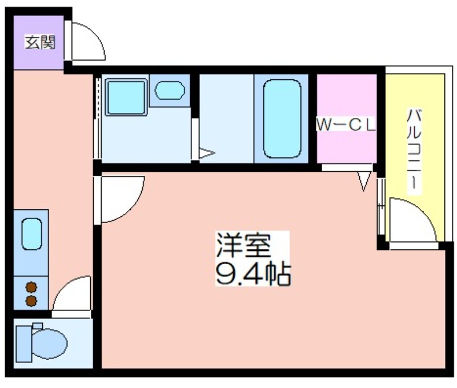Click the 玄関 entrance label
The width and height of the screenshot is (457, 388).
(x=40, y=42)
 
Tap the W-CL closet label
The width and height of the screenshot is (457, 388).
(x=346, y=125)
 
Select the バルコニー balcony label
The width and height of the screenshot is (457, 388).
(x=414, y=151)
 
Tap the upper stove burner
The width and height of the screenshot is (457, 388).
(x=31, y=287)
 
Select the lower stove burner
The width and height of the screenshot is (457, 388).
(x=31, y=301)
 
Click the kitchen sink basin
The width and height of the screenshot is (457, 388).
(x=31, y=234)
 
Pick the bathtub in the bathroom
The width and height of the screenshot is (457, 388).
(x=282, y=119)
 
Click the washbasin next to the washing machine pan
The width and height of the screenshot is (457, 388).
(x=170, y=90)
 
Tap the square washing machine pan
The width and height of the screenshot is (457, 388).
(x=126, y=97)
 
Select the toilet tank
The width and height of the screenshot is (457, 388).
(x=23, y=343)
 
